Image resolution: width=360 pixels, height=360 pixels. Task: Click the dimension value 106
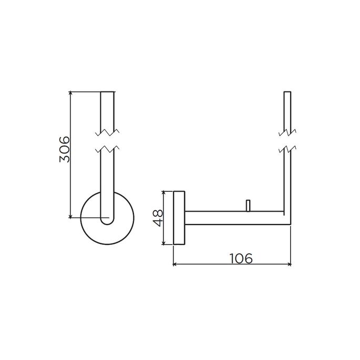[241, 258]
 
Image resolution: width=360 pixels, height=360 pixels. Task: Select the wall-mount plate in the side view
[179, 218]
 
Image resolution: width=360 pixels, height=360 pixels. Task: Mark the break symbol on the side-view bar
[287, 140]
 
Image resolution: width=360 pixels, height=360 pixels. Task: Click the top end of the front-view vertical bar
[106, 92]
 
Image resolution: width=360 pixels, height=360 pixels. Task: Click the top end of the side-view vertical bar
[287, 92]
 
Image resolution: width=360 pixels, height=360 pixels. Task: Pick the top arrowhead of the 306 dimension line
[70, 94]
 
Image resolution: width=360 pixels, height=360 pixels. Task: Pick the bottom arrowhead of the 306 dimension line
[70, 215]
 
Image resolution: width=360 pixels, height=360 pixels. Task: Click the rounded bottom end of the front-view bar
[106, 222]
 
